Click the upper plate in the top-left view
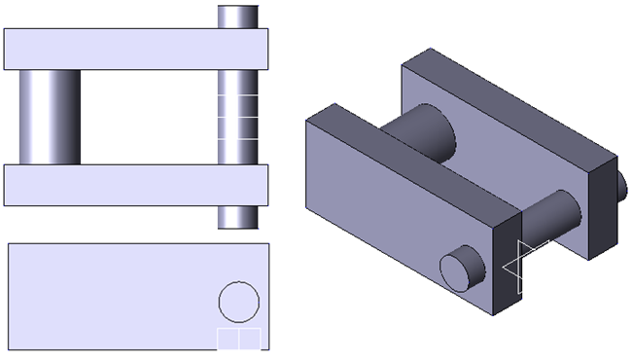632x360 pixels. point(117,49)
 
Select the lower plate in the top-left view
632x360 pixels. point(117,185)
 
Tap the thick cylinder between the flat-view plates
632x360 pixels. point(50,116)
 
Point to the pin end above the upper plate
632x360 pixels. point(238,17)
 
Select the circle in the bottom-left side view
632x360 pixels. point(238,301)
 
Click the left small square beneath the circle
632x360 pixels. point(228,339)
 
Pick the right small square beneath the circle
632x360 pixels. point(249,339)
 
